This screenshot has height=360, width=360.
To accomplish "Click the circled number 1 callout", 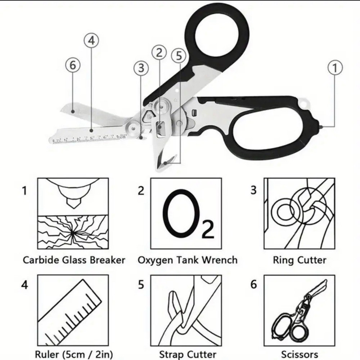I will point(335,67).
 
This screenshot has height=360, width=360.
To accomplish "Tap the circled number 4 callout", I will point(91,41).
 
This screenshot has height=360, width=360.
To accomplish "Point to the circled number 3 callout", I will point(141,67).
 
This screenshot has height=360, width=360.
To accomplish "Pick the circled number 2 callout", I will point(159,53).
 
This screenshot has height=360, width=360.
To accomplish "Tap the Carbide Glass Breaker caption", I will point(74,260).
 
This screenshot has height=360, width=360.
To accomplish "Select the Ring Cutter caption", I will point(299,260).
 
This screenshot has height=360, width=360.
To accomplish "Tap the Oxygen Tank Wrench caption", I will point(188,260).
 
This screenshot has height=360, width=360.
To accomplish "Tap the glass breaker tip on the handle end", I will point(320,126).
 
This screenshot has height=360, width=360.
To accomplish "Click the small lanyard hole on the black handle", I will point(306,103).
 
